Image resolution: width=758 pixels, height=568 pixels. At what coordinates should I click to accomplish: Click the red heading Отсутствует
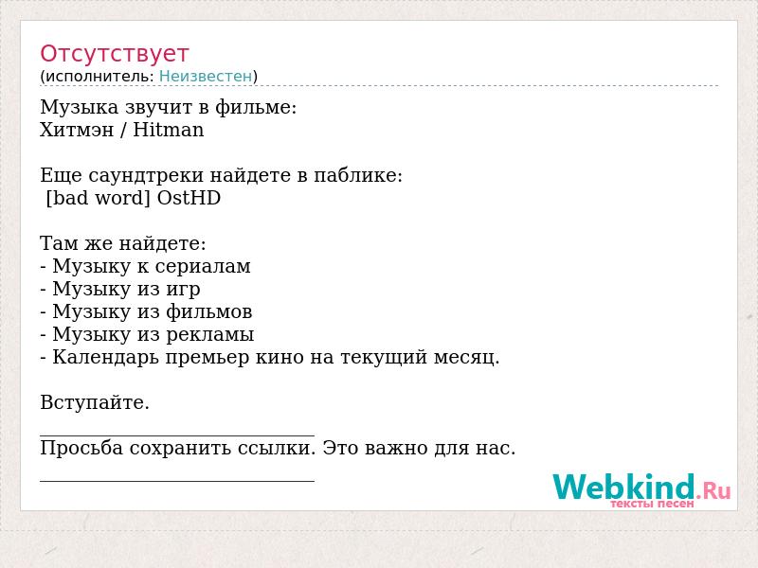[x=114, y=54]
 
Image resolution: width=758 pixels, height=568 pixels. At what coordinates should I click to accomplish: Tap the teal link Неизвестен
[x=206, y=76]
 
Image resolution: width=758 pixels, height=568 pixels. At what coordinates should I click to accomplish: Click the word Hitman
[x=169, y=130]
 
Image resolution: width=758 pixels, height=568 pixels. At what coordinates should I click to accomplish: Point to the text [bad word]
[x=99, y=198]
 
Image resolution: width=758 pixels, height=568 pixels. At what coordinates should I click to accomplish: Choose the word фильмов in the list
[x=209, y=312]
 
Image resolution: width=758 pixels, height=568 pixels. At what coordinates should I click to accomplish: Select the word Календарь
[x=105, y=357]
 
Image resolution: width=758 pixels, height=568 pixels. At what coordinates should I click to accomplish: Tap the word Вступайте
[x=95, y=402]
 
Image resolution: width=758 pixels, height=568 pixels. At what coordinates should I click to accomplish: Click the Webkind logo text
[x=623, y=487]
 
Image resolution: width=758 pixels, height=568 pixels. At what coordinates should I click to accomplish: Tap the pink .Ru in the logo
[x=713, y=491]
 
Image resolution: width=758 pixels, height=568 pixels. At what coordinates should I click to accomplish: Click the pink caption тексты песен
[x=652, y=504]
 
